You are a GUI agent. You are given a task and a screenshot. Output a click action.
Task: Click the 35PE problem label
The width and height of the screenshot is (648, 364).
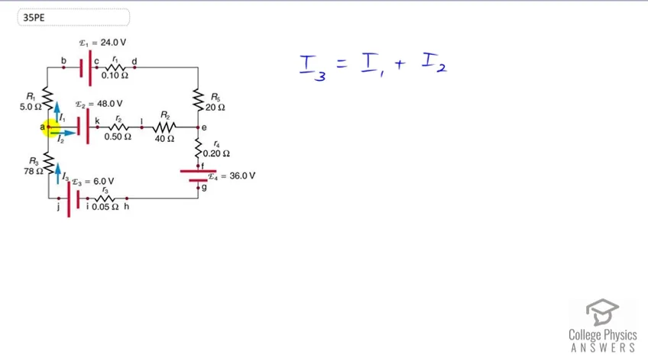34,18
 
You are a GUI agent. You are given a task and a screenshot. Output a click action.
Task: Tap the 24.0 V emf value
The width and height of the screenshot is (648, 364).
113,43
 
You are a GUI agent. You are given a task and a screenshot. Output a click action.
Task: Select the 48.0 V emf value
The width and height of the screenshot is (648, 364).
109,104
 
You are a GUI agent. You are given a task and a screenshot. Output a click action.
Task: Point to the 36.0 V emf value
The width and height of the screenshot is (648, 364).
242,176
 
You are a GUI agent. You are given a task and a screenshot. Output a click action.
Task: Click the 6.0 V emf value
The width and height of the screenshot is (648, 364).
103,181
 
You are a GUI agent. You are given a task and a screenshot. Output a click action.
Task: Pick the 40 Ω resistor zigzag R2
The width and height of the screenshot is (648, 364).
164,127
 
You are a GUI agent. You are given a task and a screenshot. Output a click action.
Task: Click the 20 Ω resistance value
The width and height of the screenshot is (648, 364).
215,108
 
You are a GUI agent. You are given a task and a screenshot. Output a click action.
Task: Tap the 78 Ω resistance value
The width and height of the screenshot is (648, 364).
34,171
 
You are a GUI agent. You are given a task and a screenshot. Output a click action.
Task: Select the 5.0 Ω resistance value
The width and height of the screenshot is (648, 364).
31,107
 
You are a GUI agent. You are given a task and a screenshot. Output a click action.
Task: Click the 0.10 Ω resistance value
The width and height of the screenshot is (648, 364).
115,76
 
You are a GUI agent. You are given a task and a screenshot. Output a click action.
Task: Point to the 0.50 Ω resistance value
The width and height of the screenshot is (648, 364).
118,137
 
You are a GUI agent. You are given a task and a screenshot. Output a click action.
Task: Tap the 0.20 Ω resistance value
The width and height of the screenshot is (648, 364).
216,153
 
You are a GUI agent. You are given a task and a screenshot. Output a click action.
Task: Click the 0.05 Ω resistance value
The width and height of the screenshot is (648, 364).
105,206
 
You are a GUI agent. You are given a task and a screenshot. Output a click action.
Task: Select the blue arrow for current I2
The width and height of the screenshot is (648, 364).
63,133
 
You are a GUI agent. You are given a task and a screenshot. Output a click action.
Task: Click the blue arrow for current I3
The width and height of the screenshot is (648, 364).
58,173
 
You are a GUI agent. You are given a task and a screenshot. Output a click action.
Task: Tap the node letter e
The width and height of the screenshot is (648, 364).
204,127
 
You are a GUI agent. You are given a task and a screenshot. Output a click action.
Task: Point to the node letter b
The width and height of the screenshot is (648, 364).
63,61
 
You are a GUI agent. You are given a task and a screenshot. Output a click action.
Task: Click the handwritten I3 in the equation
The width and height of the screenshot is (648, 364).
313,68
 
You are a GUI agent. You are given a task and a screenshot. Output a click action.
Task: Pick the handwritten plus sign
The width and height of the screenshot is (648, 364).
399,64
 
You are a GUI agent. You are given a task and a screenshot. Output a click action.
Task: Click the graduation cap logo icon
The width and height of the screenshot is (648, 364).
602,312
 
